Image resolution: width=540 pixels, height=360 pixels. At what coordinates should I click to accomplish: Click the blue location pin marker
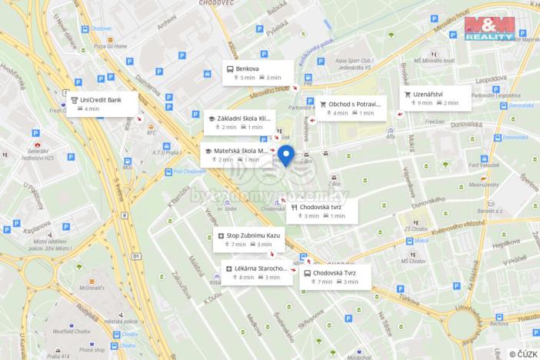[286, 155]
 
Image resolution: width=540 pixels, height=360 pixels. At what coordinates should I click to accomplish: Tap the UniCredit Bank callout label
[102, 104]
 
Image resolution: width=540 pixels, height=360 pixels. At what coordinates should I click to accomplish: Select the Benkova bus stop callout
[258, 72]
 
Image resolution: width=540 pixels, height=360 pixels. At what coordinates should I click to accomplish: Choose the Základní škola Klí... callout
[238, 122]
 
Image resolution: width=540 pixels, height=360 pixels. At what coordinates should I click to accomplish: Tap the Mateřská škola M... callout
[237, 155]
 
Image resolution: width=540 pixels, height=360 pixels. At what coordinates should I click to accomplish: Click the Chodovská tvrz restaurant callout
[322, 211]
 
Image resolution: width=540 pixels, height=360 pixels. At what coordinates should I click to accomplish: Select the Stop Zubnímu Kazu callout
[248, 238]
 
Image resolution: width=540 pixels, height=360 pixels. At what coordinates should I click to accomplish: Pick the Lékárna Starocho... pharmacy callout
[257, 272]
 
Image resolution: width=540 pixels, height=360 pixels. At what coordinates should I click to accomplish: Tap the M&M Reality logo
[490, 28]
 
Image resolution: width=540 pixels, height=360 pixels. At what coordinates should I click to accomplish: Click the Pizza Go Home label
[110, 46]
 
